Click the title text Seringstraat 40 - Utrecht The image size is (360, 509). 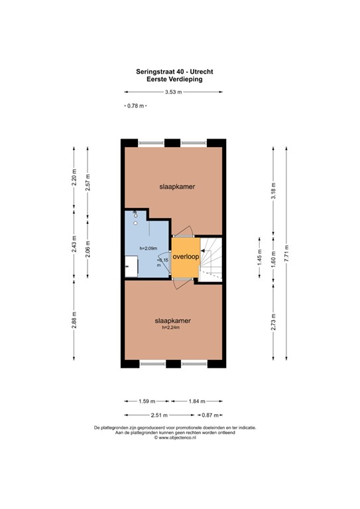(174, 71)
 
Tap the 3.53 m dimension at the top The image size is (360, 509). (174, 93)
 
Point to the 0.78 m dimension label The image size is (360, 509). (135, 106)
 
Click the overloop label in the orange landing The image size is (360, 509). (186, 256)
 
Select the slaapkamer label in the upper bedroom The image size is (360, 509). (176, 187)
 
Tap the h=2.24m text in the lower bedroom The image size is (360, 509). (171, 327)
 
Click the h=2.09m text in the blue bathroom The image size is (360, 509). (149, 249)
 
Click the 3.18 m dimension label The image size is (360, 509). (274, 192)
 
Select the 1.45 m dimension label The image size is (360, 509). (261, 256)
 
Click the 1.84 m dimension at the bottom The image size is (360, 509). (197, 401)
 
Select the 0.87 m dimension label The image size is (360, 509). (210, 415)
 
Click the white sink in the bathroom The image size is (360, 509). (131, 268)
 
